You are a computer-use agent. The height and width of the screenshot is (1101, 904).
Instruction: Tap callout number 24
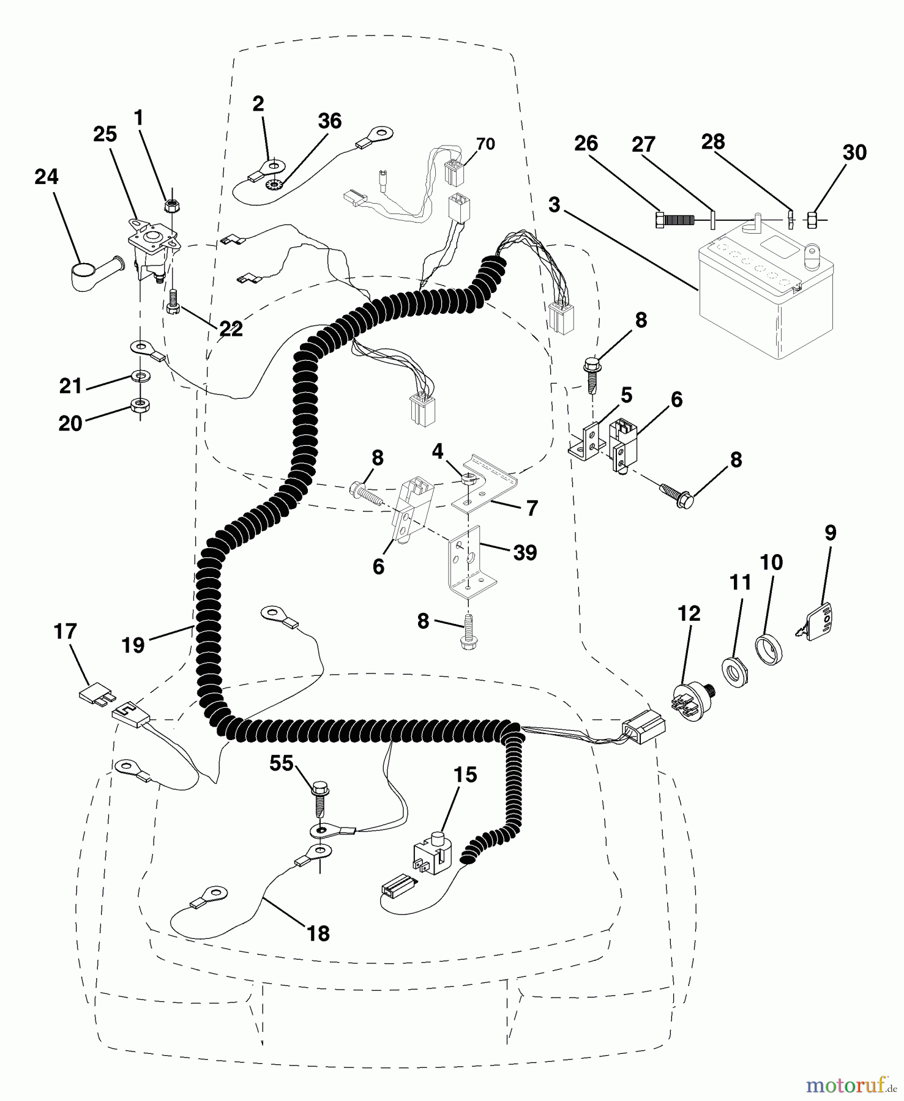47,177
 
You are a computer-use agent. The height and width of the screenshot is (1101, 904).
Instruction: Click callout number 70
485,144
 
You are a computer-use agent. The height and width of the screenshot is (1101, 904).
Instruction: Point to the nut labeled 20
140,404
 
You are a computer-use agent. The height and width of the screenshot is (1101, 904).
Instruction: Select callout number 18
318,933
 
